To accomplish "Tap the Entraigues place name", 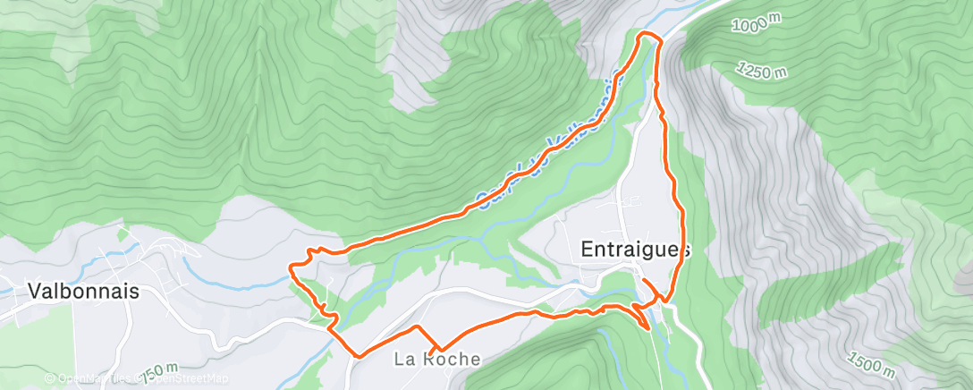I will [635, 250].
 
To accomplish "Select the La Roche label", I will [437, 360].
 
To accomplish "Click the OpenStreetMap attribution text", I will [182, 378].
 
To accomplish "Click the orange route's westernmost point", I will [290, 266].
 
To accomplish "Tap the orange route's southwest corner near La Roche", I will [358, 356].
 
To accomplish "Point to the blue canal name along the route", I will [546, 143].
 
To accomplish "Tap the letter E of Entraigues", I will [588, 250].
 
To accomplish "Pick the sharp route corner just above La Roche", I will [438, 348].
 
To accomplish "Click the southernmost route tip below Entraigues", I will [647, 328].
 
